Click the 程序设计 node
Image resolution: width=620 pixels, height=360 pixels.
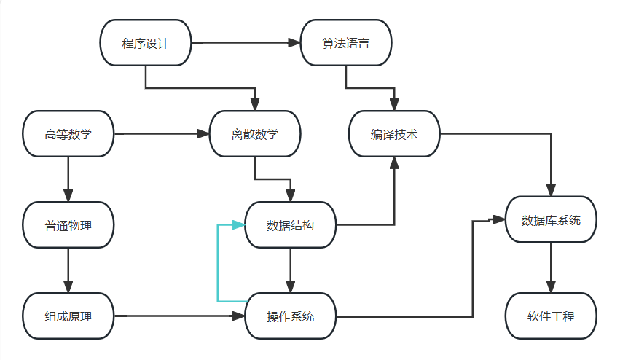click(x=145, y=43)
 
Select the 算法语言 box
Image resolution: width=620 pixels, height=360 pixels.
click(x=346, y=43)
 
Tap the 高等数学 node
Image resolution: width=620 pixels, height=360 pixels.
click(x=68, y=134)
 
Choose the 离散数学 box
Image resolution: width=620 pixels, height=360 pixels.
click(x=255, y=134)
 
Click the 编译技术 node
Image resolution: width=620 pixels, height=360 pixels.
click(x=394, y=134)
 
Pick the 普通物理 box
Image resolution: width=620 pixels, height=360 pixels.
click(x=68, y=225)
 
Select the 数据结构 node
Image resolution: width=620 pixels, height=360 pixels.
click(x=291, y=225)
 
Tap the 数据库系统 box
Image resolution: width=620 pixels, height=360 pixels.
click(x=551, y=219)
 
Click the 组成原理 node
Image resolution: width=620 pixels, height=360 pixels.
click(x=68, y=316)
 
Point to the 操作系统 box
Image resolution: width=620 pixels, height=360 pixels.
click(x=291, y=316)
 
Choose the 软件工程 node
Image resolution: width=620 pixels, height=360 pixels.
click(x=551, y=316)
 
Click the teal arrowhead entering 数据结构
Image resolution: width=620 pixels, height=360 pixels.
click(x=238, y=225)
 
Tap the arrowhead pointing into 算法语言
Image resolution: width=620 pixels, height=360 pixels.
click(x=294, y=43)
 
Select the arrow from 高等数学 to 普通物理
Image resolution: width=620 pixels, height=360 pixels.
click(x=68, y=179)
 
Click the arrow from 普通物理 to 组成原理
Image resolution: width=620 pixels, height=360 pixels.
click(x=68, y=270)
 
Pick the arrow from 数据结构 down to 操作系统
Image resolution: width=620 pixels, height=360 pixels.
click(x=291, y=270)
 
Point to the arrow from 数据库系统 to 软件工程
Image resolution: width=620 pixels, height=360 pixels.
click(x=551, y=267)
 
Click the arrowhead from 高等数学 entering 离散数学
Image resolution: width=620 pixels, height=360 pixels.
click(x=203, y=134)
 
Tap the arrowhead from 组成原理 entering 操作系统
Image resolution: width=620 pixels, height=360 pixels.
click(x=238, y=316)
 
